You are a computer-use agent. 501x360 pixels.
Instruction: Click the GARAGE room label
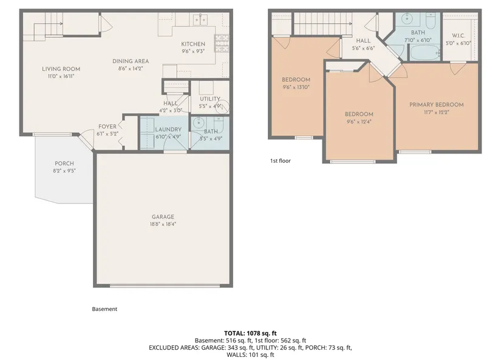163,217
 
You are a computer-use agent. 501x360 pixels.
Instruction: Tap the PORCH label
64,163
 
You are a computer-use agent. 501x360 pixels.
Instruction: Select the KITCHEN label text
193,44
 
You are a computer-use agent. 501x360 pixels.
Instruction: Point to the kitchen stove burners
222,43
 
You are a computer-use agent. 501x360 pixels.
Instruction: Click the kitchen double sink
200,19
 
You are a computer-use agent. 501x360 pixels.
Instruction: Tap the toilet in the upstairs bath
430,20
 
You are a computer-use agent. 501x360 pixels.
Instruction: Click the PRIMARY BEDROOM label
437,104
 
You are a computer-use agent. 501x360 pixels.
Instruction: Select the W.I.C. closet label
458,35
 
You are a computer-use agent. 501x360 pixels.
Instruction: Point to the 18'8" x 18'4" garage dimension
163,224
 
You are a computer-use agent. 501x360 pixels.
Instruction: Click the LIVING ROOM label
61,69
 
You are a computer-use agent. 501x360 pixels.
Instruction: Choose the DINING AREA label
131,61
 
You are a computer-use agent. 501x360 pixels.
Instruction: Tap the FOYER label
107,126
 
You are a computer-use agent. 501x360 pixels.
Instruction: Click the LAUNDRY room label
168,129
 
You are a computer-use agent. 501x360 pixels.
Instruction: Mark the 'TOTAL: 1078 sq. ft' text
250,333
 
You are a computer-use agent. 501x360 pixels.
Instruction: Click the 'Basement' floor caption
104,309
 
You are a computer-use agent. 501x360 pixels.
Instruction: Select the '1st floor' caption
281,161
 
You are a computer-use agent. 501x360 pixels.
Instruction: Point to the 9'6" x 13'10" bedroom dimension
296,87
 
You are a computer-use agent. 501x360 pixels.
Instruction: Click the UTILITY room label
210,99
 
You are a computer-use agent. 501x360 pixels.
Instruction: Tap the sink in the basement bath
199,122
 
